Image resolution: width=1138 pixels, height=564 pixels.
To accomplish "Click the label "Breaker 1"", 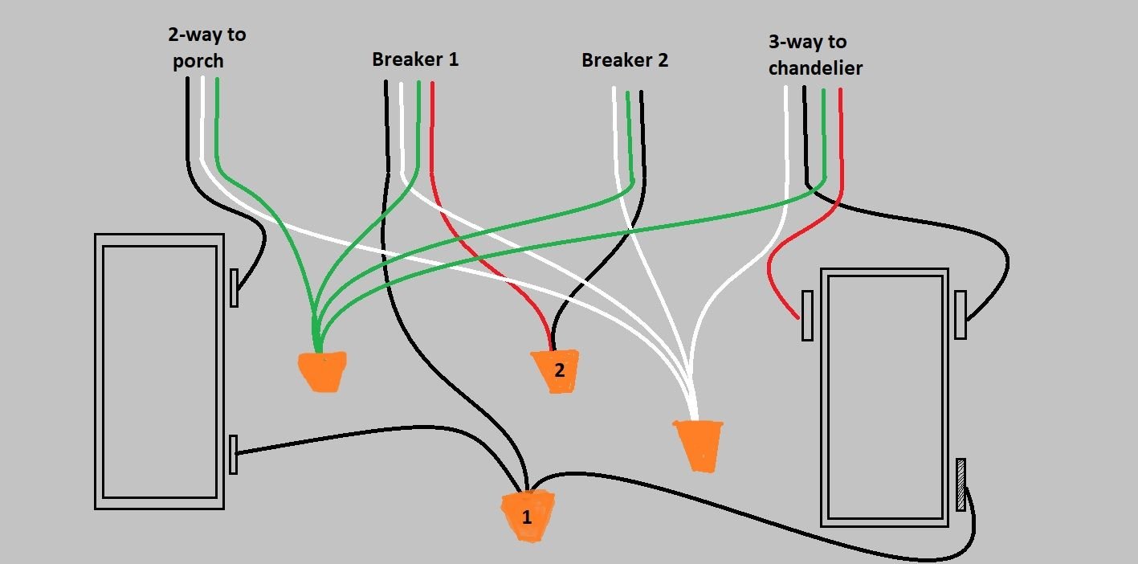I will [x=415, y=59].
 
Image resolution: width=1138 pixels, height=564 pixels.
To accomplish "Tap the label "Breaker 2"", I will [x=624, y=60].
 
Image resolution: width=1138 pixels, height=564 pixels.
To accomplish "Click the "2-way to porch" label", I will [x=206, y=47].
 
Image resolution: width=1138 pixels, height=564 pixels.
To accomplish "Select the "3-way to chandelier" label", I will [x=814, y=55].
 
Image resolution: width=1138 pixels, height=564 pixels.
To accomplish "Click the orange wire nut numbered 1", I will [x=528, y=516].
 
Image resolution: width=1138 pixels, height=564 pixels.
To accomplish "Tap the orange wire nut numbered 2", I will [x=556, y=371].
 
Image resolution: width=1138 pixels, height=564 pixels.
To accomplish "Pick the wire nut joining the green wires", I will [x=323, y=371].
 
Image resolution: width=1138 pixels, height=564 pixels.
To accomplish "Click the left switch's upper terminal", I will [x=234, y=288].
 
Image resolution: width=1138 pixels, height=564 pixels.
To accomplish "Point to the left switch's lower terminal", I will [x=234, y=455].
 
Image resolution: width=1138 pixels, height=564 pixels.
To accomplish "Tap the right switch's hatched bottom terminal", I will [x=961, y=484].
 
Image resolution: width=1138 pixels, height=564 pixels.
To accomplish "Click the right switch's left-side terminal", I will [x=807, y=316].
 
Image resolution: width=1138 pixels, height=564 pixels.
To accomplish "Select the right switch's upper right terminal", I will [x=961, y=315].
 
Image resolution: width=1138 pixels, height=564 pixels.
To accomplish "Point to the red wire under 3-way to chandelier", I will [x=841, y=129].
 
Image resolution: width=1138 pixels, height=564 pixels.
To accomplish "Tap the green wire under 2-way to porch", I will [x=218, y=121].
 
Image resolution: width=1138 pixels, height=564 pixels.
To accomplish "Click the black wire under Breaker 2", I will [x=642, y=137].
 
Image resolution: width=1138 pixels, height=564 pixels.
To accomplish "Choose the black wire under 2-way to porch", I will [x=188, y=121].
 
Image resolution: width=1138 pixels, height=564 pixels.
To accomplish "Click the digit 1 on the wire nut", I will [x=527, y=518].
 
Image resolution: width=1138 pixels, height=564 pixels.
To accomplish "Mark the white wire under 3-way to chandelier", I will [x=787, y=137].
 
